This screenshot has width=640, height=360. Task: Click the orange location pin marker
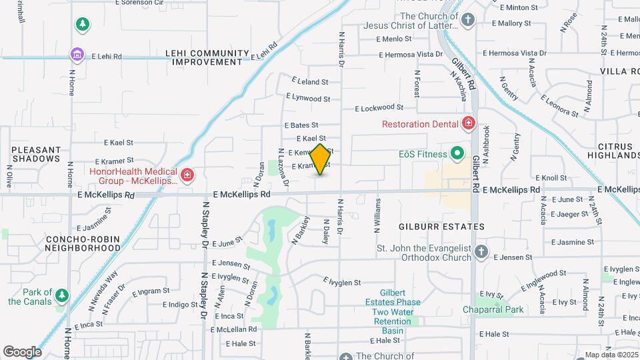coord(320,159)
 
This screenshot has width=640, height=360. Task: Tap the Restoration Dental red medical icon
coord(468,123)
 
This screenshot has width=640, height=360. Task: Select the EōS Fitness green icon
coord(457,154)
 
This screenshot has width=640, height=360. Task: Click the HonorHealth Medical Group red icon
coord(188,175)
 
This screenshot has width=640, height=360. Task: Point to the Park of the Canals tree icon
coord(62,294)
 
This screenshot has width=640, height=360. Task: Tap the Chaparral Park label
coord(493,310)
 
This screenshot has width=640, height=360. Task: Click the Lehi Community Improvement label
coord(207,57)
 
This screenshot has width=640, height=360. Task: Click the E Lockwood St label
coord(379,107)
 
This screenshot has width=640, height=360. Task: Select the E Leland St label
coord(307,82)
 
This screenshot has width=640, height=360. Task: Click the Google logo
coord(22,351)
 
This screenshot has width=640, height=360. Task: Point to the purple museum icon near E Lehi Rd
coord(77,54)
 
